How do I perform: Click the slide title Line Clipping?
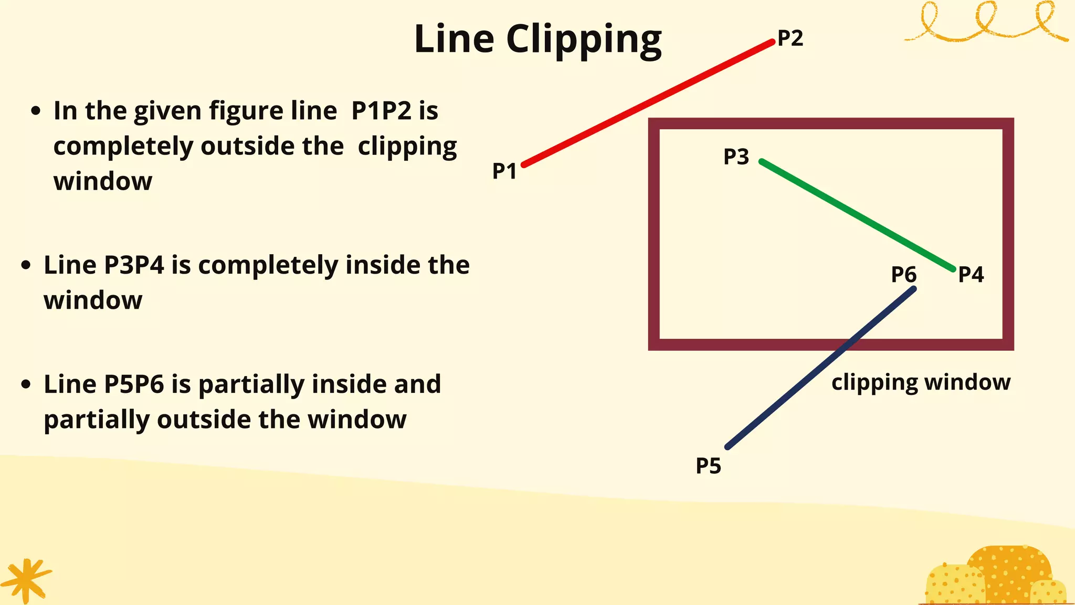pyautogui.click(x=537, y=40)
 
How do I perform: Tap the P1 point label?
pyautogui.click(x=504, y=171)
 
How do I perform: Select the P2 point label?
pyautogui.click(x=790, y=38)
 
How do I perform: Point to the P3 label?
pyautogui.click(x=736, y=157)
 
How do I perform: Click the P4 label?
pyautogui.click(x=971, y=274)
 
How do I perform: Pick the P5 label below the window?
pyautogui.click(x=708, y=466)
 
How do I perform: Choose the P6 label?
pyautogui.click(x=903, y=274)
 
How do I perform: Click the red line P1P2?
pyautogui.click(x=648, y=103)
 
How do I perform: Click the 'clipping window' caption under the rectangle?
pyautogui.click(x=921, y=382)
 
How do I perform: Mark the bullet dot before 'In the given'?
pyautogui.click(x=36, y=111)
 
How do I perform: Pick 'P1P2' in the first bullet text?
pyautogui.click(x=381, y=111)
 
